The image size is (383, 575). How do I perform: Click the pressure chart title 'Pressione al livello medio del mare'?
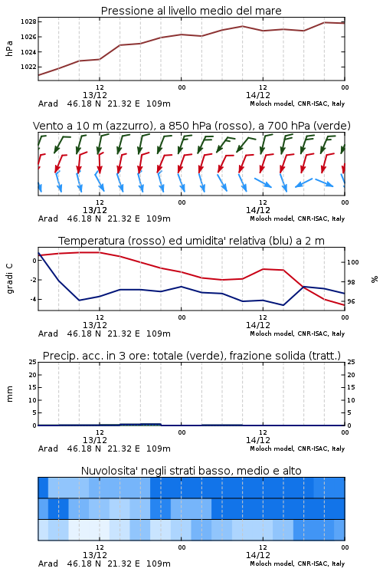(x=191, y=11)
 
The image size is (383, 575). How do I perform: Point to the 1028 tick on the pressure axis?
(x=28, y=21)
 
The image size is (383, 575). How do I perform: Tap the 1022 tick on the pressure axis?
(x=28, y=67)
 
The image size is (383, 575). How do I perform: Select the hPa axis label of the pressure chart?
(x=9, y=48)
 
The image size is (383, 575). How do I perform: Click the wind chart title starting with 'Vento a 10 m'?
(x=191, y=126)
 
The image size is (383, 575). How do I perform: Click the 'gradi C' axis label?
(x=10, y=279)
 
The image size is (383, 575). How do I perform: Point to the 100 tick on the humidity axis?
(x=353, y=262)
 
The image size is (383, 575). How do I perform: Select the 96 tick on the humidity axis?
(x=351, y=301)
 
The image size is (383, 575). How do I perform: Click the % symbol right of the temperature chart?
(x=375, y=279)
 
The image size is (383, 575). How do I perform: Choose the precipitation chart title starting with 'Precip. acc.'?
(x=191, y=356)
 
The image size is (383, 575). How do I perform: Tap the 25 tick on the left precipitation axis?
(x=33, y=362)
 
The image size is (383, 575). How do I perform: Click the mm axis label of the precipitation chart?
(x=9, y=394)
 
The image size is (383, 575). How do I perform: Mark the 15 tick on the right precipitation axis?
(x=351, y=387)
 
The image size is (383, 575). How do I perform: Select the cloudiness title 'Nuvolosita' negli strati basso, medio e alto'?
(x=191, y=471)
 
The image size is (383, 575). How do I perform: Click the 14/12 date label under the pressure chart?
(x=257, y=95)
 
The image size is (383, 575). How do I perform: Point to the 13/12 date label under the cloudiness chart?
(x=95, y=555)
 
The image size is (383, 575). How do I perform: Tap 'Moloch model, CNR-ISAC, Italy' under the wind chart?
(x=297, y=219)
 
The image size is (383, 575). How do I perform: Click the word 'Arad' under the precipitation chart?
(x=48, y=449)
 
